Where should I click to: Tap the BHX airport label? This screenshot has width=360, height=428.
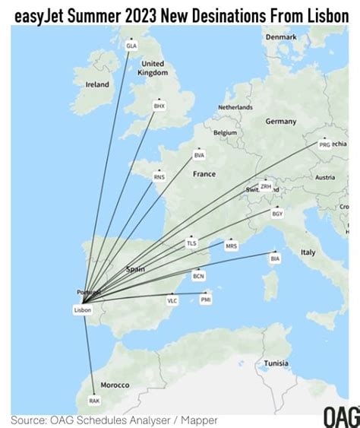159,106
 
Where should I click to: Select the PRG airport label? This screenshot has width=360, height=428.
324,144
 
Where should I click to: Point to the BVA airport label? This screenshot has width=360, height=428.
199,155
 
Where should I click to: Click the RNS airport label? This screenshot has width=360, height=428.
159,177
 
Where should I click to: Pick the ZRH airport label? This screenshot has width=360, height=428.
265,186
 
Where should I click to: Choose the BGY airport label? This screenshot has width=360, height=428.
277,214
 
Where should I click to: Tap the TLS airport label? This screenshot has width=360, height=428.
191,243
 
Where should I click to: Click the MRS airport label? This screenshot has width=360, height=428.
231,246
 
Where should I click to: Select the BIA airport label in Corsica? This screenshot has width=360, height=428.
275,258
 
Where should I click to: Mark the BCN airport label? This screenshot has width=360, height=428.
199,276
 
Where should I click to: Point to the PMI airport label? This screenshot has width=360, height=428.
206,300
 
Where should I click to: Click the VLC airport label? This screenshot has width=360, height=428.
172,301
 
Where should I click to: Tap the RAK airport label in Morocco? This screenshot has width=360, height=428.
94,400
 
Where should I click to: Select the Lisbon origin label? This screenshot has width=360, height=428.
83,309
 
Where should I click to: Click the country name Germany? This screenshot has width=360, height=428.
280,122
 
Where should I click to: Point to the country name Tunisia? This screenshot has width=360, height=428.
276,363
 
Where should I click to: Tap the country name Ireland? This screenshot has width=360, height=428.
97,84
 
